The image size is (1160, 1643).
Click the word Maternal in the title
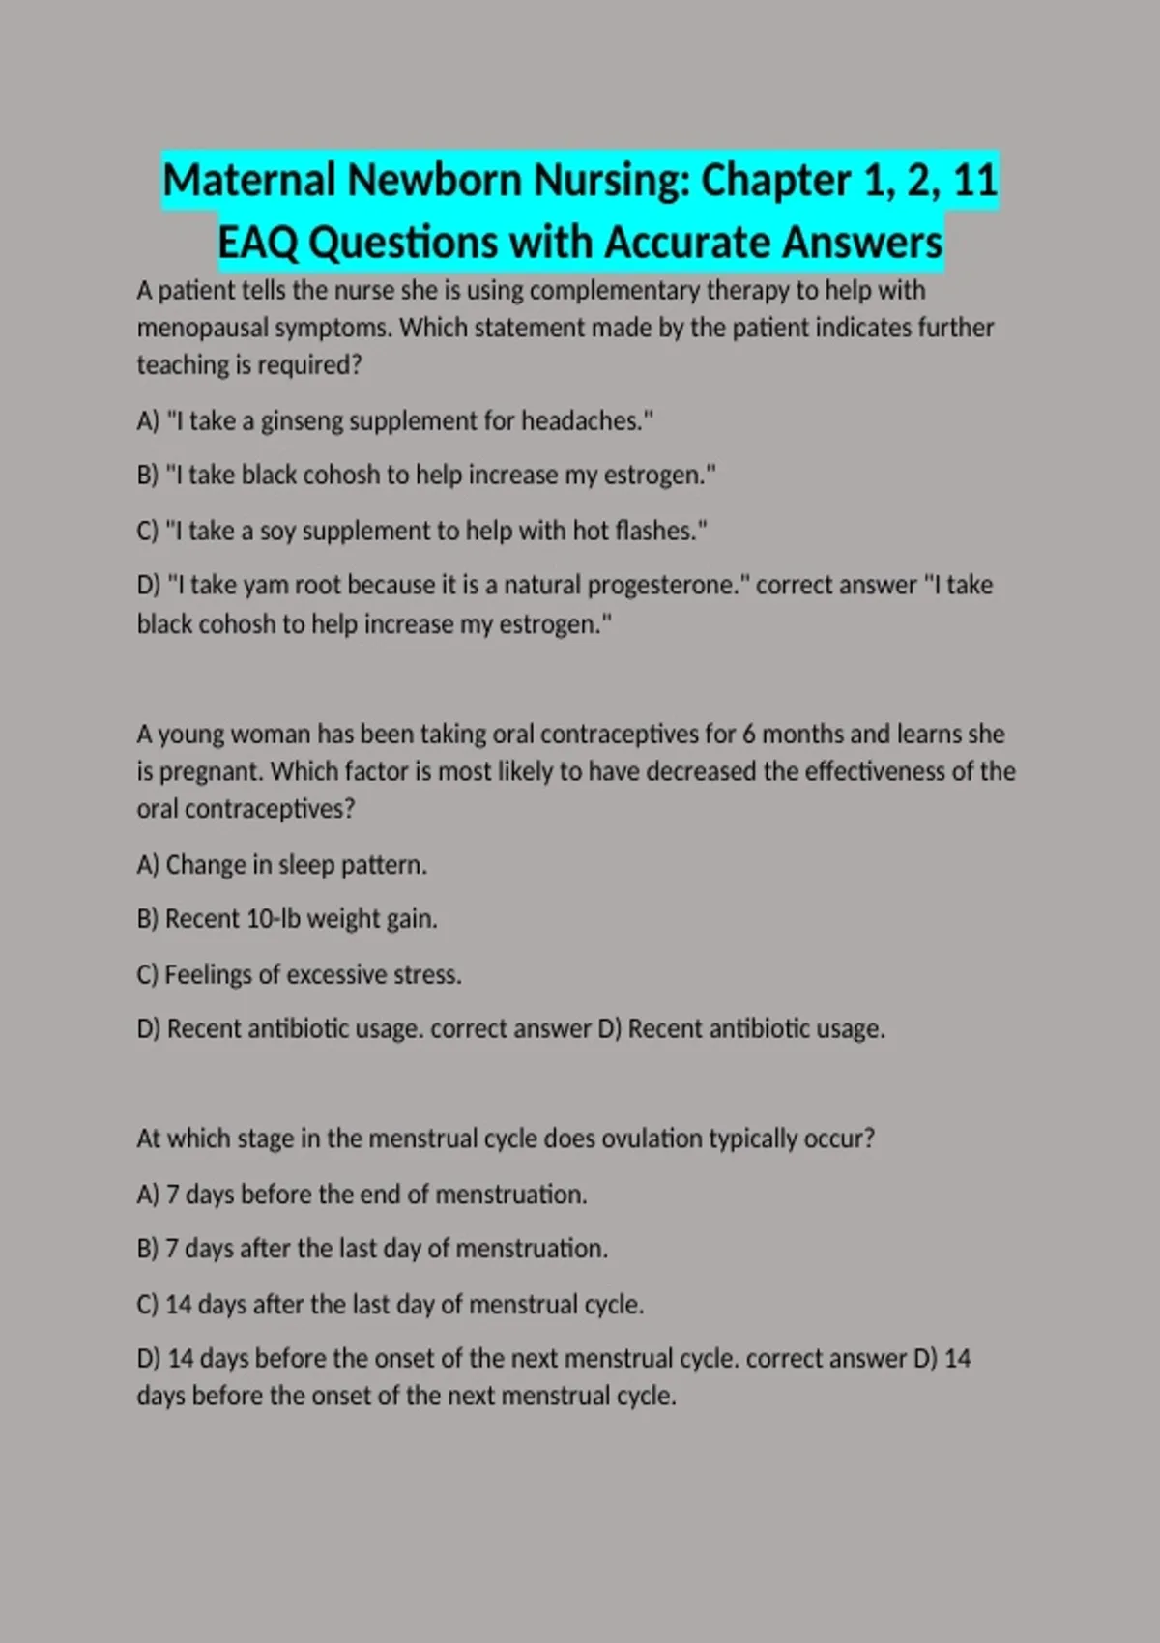[x=248, y=181]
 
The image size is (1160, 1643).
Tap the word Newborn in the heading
[x=434, y=181]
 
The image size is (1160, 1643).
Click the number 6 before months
[x=749, y=735]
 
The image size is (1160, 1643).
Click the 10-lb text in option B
[x=274, y=919]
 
